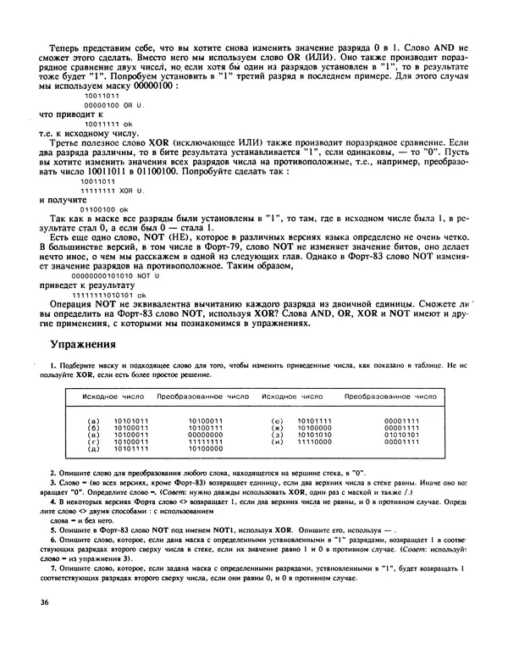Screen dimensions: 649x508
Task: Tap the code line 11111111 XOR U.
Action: [x=113, y=190]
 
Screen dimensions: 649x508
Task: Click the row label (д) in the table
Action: [x=94, y=448]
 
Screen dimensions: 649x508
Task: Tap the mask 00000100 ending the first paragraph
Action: [x=148, y=86]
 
